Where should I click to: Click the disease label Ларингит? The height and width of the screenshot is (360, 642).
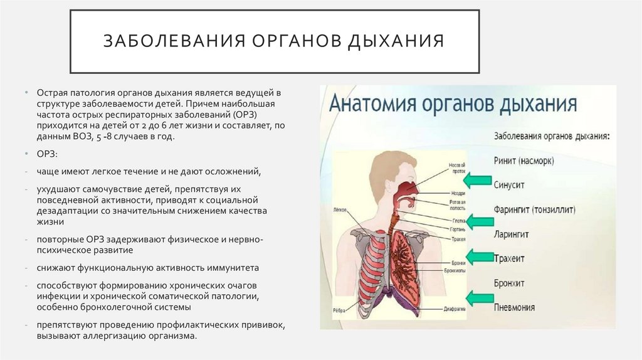click(512, 233)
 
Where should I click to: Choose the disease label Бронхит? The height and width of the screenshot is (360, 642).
click(509, 282)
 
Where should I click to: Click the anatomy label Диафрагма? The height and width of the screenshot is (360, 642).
click(455, 308)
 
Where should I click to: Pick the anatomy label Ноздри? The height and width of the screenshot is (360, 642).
click(457, 193)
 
